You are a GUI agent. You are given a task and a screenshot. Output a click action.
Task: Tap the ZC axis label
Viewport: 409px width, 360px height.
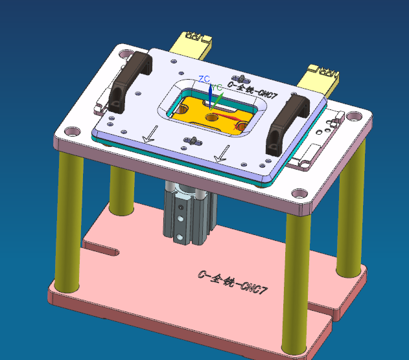(x=204, y=79)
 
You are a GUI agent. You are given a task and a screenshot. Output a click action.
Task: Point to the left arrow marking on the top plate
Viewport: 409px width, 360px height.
(x=150, y=134)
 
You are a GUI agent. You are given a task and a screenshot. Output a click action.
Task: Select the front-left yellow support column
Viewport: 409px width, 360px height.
(x=66, y=220)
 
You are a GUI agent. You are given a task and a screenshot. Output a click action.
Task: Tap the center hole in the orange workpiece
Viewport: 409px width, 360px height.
(x=212, y=117)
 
